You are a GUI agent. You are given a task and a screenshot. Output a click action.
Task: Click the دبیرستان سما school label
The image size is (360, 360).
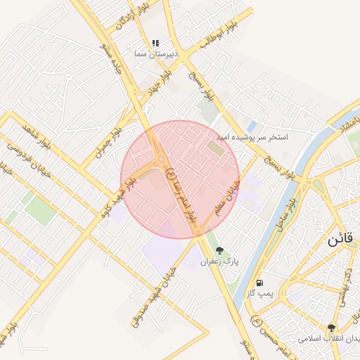pyautogui.click(x=156, y=53)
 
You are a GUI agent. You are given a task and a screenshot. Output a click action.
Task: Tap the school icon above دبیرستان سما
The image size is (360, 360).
pyautogui.click(x=155, y=44)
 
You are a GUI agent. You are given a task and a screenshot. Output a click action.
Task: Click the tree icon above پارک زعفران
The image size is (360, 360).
pyautogui.click(x=220, y=250)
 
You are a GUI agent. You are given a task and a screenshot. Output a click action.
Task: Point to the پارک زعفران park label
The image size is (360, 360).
pyautogui.click(x=220, y=261)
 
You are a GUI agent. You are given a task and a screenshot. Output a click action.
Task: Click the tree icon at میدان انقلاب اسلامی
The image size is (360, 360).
pyautogui.click(x=330, y=328)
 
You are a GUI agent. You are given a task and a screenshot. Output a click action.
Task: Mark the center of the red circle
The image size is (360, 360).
pyautogui.click(x=180, y=179)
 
